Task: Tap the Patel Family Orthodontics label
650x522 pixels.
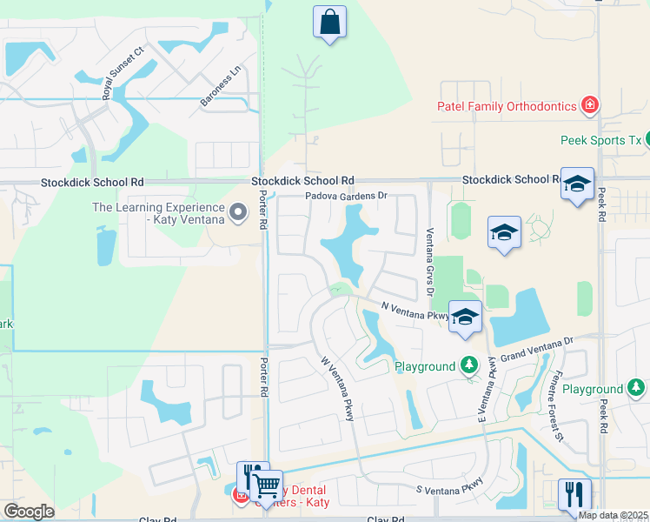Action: pyautogui.click(x=507, y=106)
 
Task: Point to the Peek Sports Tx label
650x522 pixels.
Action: pyautogui.click(x=600, y=140)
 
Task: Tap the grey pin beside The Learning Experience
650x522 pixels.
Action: pyautogui.click(x=237, y=211)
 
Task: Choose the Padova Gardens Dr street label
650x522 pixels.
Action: pyautogui.click(x=345, y=197)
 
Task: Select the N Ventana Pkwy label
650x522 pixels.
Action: pyautogui.click(x=415, y=310)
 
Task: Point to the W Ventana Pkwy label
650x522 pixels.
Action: pyautogui.click(x=336, y=388)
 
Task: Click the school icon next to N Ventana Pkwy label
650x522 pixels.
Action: pyautogui.click(x=466, y=318)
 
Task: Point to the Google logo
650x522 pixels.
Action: pyautogui.click(x=29, y=512)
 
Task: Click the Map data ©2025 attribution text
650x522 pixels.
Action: pyautogui.click(x=613, y=515)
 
